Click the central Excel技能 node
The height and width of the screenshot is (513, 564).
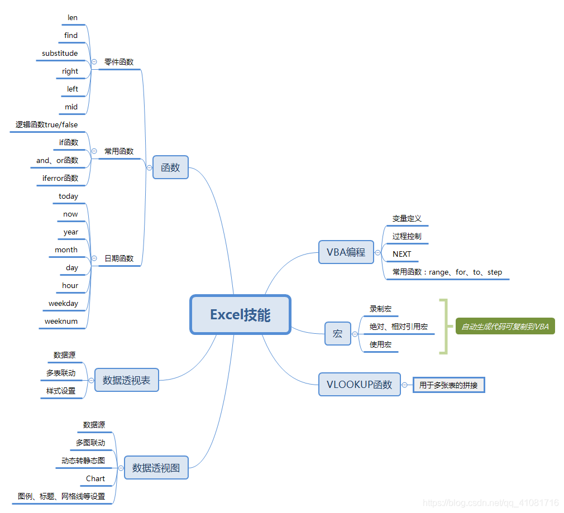240,315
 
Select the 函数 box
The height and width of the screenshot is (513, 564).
170,167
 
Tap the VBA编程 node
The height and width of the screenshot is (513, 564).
346,252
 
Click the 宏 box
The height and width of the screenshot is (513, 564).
337,334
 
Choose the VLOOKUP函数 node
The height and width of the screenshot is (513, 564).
359,385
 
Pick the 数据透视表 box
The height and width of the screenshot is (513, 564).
126,380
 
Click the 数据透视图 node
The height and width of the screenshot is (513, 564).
156,468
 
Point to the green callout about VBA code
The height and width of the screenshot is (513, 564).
505,327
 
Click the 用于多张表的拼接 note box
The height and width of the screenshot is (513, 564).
448,385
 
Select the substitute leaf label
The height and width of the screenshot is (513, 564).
60,54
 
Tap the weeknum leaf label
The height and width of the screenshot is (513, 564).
61,322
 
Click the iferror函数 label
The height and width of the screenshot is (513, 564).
60,179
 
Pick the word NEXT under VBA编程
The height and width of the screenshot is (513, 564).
402,255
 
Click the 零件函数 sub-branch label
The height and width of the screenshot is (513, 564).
119,63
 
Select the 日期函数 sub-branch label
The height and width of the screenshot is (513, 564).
119,259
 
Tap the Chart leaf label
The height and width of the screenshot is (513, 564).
95,479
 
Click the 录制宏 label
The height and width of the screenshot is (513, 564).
380,309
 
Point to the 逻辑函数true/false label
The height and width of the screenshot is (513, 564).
46,125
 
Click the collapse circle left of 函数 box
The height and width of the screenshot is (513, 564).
149,167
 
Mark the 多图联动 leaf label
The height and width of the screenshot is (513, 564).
90,443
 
